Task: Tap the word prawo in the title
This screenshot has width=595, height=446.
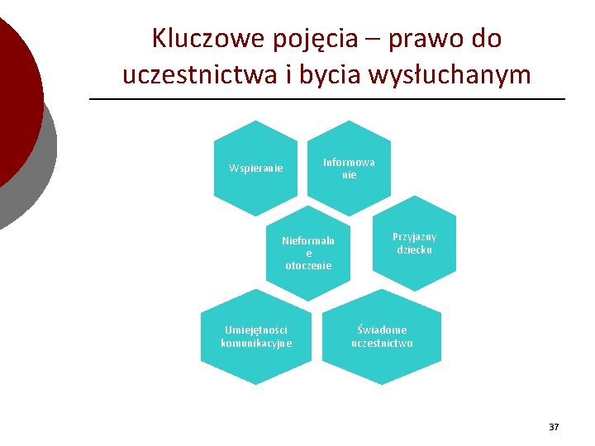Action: [x=422, y=38]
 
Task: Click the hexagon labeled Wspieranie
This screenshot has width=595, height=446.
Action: [x=255, y=168]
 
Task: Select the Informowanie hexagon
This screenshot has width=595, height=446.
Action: [x=349, y=168]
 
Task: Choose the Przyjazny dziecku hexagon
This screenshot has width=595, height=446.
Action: [x=414, y=243]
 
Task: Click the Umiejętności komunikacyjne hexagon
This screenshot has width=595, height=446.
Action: [x=256, y=336]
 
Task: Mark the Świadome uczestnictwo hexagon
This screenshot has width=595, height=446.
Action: [x=382, y=336]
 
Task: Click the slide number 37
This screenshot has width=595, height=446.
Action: [x=554, y=427]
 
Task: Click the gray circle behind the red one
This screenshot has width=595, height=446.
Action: [x=37, y=178]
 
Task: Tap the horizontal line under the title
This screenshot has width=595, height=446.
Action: [x=326, y=100]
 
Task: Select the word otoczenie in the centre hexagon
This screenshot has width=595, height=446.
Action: [x=308, y=266]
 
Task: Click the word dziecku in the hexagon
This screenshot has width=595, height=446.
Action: [x=414, y=249]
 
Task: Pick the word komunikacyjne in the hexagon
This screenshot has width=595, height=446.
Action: [x=256, y=343]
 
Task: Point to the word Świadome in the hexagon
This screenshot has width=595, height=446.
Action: [x=382, y=330]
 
